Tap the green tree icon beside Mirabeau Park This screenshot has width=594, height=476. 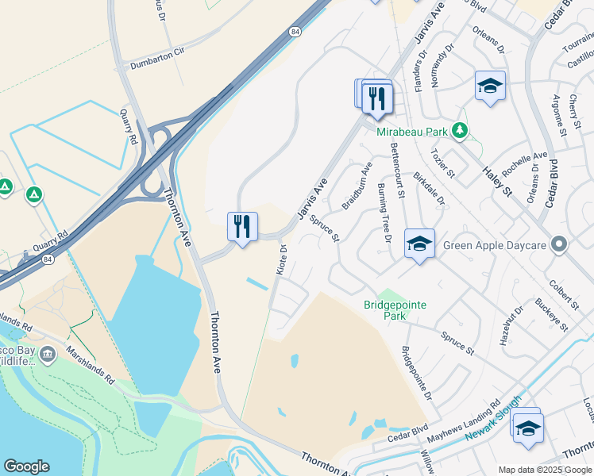tap(458, 129)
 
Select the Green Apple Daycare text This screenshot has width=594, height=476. tap(494, 245)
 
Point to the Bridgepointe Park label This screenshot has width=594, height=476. tap(395, 309)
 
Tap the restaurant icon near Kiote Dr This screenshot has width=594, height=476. tap(242, 227)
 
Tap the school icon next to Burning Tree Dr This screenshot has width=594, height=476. tap(419, 244)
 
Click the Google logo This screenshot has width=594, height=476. tap(27, 466)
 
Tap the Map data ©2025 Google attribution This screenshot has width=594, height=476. tap(544, 470)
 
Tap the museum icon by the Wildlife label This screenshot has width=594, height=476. tap(48, 353)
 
